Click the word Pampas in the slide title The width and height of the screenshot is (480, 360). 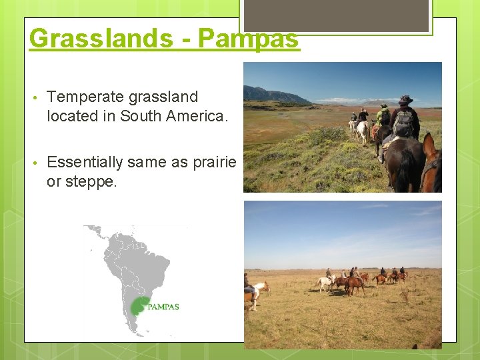coord(248,39)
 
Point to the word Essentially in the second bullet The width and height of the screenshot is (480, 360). coord(85,162)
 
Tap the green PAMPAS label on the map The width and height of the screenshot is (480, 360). coord(163,307)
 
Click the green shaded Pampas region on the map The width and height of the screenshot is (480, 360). coord(140,306)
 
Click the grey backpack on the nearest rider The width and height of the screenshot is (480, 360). coord(403,123)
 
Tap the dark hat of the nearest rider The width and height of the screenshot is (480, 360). coord(405,100)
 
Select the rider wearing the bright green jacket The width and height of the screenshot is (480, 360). coord(383,117)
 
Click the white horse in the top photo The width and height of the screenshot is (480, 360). coord(363,130)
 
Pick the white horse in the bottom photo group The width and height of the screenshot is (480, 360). coord(325,283)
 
